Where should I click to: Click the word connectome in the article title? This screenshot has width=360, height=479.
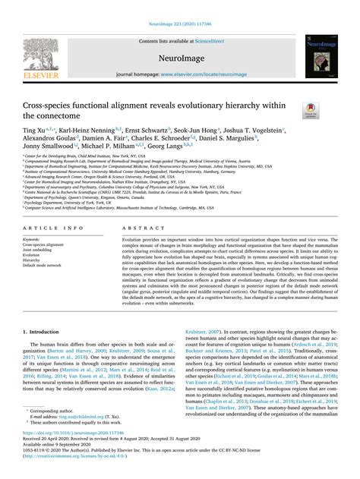(52, 115)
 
